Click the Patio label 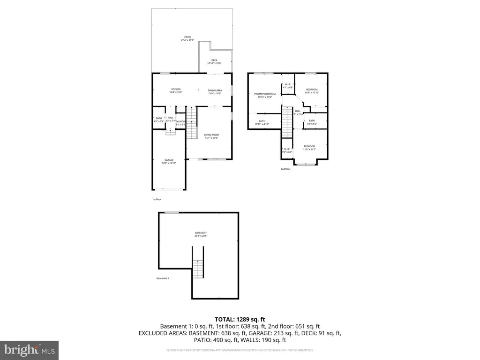point(187,38)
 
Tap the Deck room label point(214,61)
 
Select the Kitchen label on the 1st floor point(176,90)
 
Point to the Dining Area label point(215,91)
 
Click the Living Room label point(211,136)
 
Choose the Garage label point(169,161)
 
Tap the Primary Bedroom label point(265,95)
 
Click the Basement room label point(201,234)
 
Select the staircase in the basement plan point(198,268)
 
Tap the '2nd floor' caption point(285,169)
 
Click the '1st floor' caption point(157,199)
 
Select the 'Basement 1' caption point(163,278)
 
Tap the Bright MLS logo point(29,350)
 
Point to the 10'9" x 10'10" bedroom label point(312,91)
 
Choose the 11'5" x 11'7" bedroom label point(309,148)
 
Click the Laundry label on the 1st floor point(181,122)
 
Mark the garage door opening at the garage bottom point(169,189)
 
